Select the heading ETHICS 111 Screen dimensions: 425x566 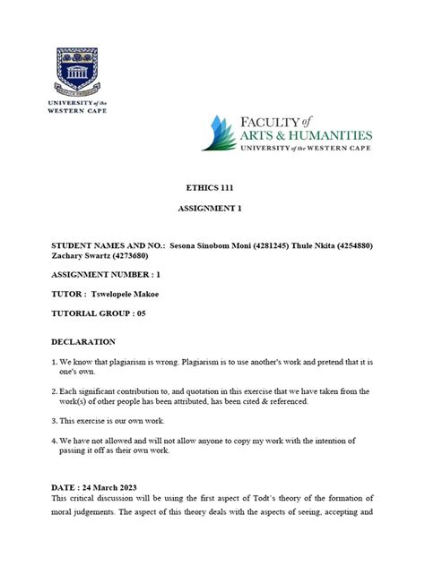[x=212, y=189]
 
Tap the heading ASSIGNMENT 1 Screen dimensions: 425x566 [x=212, y=211]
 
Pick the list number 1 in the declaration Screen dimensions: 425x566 [x=55, y=363]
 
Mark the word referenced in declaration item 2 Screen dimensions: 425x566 [x=284, y=401]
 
